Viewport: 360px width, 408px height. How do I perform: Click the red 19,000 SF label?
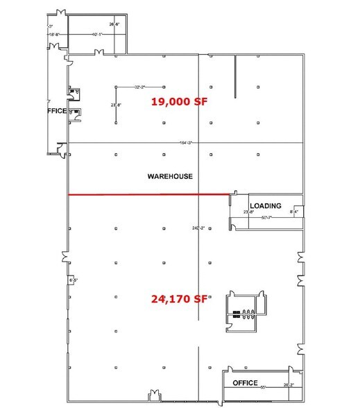point(180,101)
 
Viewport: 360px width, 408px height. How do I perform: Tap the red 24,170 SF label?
point(180,300)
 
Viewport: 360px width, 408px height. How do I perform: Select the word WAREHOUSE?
point(170,176)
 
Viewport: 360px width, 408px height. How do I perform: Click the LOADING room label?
point(266,205)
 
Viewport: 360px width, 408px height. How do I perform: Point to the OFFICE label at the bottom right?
point(245,383)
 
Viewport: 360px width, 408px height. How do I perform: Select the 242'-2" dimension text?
point(199,228)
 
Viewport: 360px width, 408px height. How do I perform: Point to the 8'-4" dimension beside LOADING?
point(295,212)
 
